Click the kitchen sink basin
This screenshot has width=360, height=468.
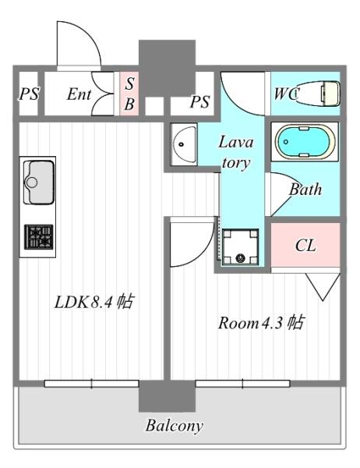coord(39,182)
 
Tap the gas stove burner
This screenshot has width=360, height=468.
coord(39,237)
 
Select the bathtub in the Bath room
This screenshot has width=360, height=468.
coord(305,141)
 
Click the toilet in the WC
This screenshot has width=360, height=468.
coord(318,93)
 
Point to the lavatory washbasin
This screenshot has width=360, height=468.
coord(183,144)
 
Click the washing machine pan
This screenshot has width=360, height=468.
coord(240,246)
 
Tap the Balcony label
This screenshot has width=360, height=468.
coord(175,426)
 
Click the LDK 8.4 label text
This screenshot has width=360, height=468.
coord(94,302)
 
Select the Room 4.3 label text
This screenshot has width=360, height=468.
coord(262,322)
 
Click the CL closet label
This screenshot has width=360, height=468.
coord(305,246)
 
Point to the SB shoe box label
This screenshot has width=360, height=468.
coord(129,94)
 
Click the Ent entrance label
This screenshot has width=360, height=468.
coord(79,94)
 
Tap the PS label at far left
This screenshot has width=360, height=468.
coord(29,94)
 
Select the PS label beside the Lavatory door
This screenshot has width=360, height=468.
coord(199,101)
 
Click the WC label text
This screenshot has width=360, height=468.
coord(286,94)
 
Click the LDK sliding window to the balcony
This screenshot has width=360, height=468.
coord(92,384)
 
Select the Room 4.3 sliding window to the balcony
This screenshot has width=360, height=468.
coord(242,384)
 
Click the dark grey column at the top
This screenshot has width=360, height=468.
coord(167,68)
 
